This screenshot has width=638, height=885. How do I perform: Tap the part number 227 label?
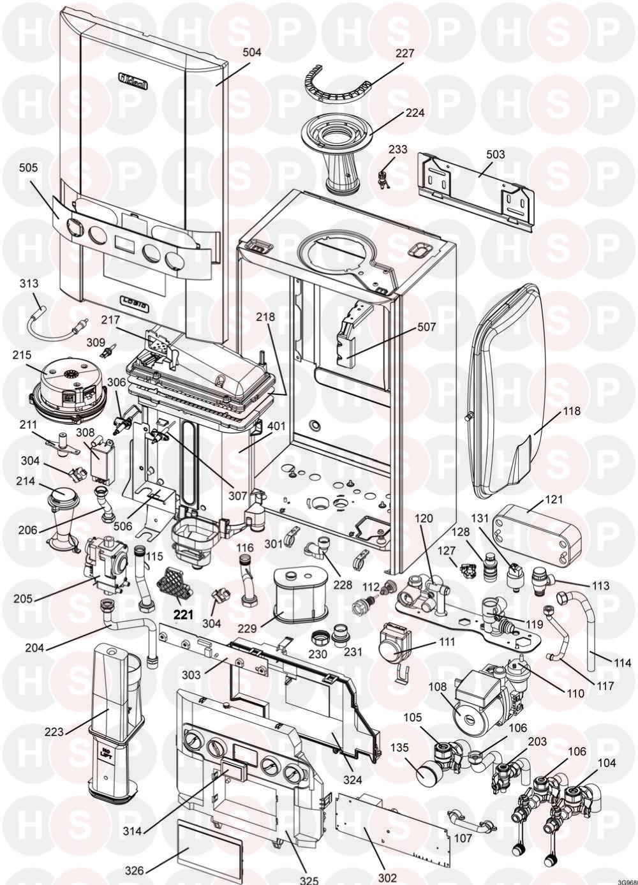404,54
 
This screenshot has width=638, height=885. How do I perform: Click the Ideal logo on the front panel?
132,79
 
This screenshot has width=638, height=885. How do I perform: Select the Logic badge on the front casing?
135,305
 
